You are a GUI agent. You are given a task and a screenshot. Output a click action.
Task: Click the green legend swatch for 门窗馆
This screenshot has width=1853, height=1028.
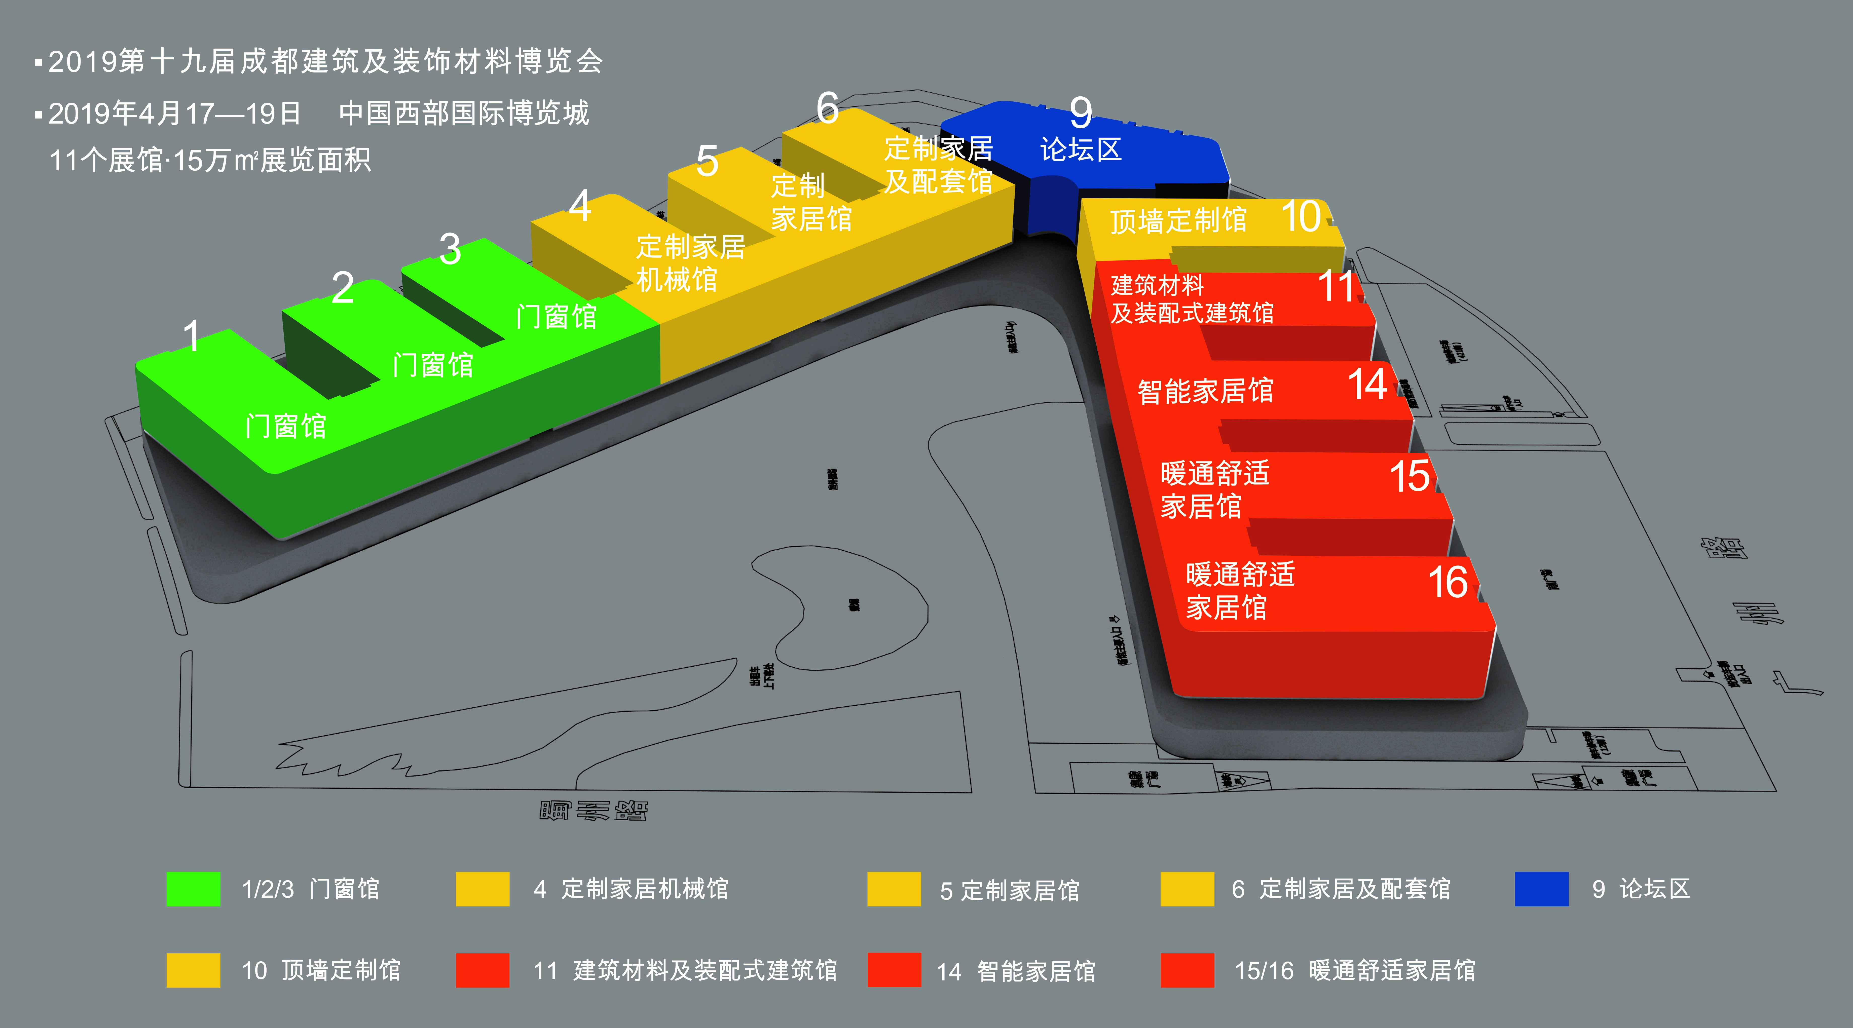(x=193, y=889)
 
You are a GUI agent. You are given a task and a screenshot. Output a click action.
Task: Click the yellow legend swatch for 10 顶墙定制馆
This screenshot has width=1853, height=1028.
(x=193, y=970)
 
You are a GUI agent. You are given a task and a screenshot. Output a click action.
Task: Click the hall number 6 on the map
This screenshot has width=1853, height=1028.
(x=827, y=109)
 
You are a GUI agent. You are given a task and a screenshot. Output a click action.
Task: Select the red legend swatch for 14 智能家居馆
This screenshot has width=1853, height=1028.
(x=894, y=970)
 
